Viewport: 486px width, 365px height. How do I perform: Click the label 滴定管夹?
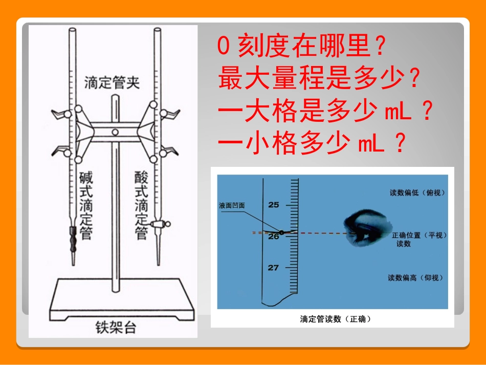[x=112, y=82]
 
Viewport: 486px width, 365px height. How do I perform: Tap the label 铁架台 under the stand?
[x=116, y=327]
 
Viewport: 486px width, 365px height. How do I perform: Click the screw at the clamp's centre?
[x=116, y=133]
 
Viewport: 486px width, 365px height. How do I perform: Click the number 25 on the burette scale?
[x=274, y=205]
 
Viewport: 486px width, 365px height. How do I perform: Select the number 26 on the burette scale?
[x=274, y=237]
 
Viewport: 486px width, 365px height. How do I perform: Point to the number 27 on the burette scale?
[x=274, y=268]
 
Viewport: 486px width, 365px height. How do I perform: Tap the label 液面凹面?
[x=232, y=205]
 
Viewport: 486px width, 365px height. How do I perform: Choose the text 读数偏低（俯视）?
[x=417, y=193]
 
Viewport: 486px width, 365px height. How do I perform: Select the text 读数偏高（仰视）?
[x=415, y=278]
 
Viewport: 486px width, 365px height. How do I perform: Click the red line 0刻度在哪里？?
[x=301, y=48]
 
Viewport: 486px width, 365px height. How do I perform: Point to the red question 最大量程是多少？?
[x=320, y=79]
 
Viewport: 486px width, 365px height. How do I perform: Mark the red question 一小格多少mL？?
[x=312, y=145]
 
